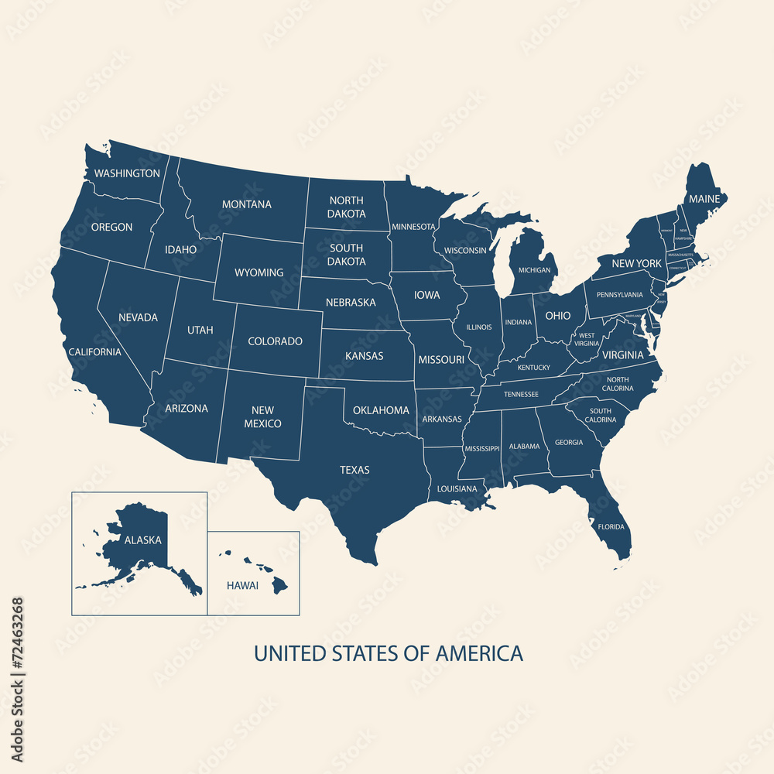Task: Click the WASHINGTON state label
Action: coord(127,173)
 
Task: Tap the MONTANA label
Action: coord(247,204)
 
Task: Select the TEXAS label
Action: coord(354,470)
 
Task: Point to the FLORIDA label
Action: coord(611,527)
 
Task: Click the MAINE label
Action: coord(704,199)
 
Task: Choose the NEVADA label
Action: coord(138,317)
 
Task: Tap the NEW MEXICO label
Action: coord(263,417)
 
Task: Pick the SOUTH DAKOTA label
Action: coord(347,255)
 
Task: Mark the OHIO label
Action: coord(557,316)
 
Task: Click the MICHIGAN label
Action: coord(535,270)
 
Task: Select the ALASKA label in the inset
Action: coord(143,540)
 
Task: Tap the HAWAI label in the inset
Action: coord(242,585)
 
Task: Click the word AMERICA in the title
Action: coord(479,653)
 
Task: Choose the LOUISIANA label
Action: coord(457,489)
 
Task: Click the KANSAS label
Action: coord(364,357)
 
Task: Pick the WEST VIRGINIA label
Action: coord(587,339)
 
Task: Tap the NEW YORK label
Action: coord(636,264)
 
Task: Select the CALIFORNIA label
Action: coord(94,351)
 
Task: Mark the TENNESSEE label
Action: coord(521,394)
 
